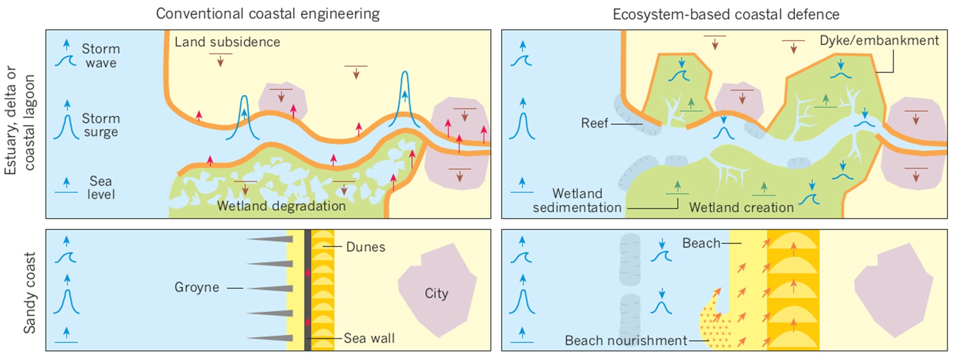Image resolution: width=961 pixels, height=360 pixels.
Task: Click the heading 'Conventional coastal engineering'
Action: [267, 13]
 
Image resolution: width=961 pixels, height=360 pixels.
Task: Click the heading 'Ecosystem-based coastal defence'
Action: [726, 14]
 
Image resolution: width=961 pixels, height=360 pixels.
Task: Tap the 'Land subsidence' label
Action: [227, 42]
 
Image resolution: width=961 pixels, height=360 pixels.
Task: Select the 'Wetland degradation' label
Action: [281, 206]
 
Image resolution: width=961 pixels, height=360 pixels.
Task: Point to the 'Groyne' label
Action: [197, 287]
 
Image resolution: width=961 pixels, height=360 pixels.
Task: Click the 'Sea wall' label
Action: [369, 338]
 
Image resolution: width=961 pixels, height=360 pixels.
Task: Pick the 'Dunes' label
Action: [365, 247]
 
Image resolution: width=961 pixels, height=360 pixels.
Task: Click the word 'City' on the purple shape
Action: [436, 293]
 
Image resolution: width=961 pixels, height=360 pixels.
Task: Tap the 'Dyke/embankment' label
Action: [879, 41]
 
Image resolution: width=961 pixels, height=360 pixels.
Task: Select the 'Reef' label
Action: [594, 123]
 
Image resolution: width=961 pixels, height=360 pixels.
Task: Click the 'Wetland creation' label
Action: [741, 207]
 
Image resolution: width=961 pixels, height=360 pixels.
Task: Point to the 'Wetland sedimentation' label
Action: [577, 200]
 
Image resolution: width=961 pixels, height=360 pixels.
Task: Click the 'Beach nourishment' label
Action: [626, 340]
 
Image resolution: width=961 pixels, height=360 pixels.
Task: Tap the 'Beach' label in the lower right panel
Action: [701, 243]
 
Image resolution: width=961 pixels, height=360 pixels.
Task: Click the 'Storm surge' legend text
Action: [101, 125]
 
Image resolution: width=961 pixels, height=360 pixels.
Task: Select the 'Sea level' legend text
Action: [101, 187]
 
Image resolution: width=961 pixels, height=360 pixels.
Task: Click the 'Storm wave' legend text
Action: [101, 56]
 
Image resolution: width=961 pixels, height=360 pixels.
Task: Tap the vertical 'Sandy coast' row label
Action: [30, 293]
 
